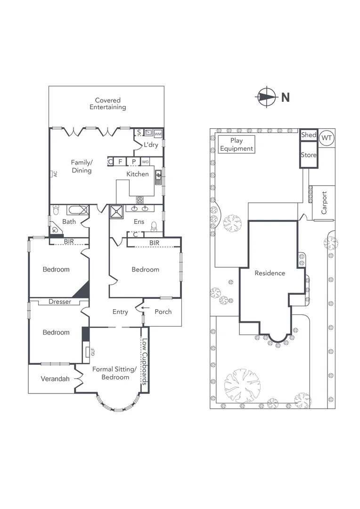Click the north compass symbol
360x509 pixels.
pyautogui.click(x=266, y=98)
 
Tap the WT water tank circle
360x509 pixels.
pyautogui.click(x=326, y=139)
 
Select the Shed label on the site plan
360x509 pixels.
pyautogui.click(x=309, y=135)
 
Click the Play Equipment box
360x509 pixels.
pyautogui.click(x=236, y=145)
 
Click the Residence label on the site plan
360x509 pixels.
pyautogui.click(x=270, y=273)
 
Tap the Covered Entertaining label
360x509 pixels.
pyautogui.click(x=107, y=104)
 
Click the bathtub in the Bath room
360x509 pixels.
pyautogui.click(x=77, y=210)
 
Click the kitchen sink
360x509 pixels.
pyautogui.click(x=159, y=176)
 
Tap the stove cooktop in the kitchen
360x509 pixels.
pyautogui.click(x=140, y=200)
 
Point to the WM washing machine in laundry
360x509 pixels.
pyautogui.click(x=158, y=134)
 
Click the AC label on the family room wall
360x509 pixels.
pyautogui.click(x=55, y=173)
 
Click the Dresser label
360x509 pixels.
pyautogui.click(x=60, y=302)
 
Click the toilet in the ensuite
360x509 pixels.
pyautogui.click(x=154, y=228)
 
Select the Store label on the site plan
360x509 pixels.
pyautogui.click(x=309, y=155)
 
